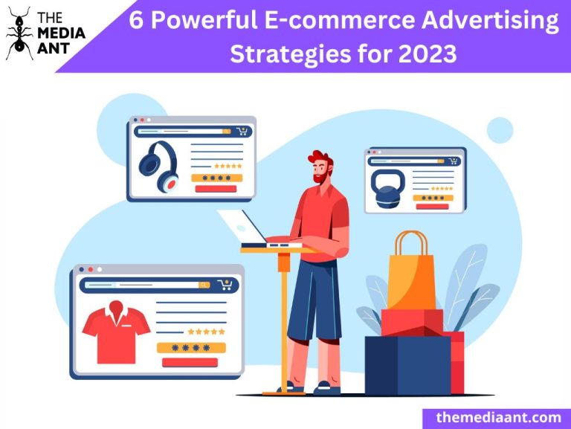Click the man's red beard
(319, 178)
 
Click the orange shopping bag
(411, 275)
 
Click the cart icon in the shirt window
(225, 285)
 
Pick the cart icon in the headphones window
(242, 132)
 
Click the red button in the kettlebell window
(432, 207)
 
